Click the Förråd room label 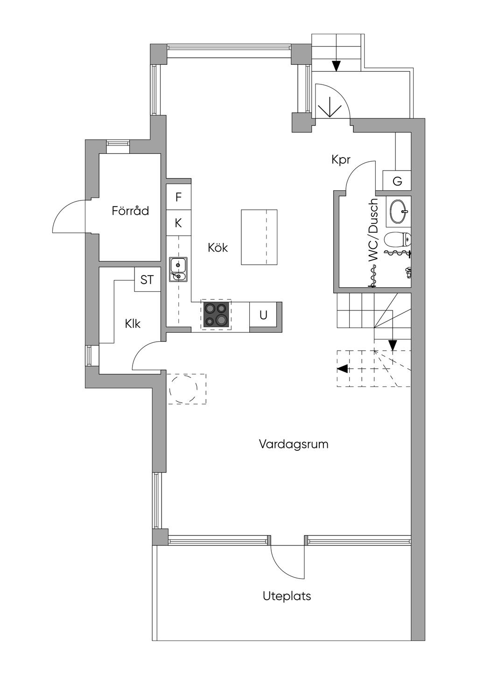click(x=130, y=211)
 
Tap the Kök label click(x=218, y=248)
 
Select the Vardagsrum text click(x=294, y=444)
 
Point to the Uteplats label click(x=287, y=596)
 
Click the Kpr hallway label click(x=341, y=159)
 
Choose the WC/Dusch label click(x=373, y=230)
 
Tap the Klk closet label click(x=133, y=324)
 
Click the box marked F click(x=178, y=197)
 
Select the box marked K click(x=178, y=223)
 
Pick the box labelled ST click(x=147, y=280)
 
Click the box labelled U click(x=263, y=315)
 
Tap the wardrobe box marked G click(x=397, y=181)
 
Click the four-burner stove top click(x=216, y=315)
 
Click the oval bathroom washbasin click(x=399, y=211)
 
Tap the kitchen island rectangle click(x=259, y=237)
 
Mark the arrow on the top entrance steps click(x=336, y=66)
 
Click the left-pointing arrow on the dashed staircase click(x=342, y=369)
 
